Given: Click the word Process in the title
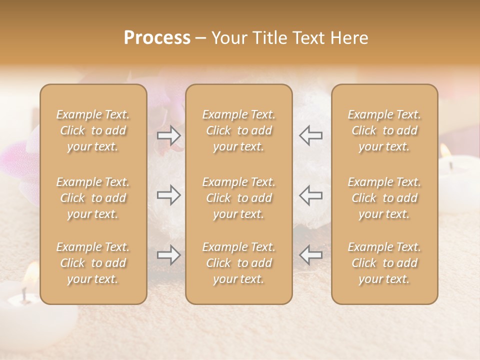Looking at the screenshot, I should click(157, 38).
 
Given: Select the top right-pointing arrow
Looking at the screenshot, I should click(169, 135).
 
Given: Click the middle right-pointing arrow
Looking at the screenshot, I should click(169, 194).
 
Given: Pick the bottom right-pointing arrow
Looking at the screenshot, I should click(169, 255).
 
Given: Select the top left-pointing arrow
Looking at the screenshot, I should click(310, 135).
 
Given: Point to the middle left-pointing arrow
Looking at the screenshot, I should click(310, 194).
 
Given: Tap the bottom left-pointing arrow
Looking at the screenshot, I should click(310, 255).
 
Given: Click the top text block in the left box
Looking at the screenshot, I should click(93, 130).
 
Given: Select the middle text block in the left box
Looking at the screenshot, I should click(93, 198).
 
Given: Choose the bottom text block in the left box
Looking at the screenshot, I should click(93, 263).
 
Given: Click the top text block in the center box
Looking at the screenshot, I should click(238, 130).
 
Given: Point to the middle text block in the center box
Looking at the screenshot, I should click(238, 198).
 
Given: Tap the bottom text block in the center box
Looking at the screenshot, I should click(238, 263).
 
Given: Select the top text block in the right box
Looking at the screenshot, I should click(384, 130).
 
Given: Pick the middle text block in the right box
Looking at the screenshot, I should click(384, 198).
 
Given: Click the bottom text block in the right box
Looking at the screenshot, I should click(384, 263).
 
